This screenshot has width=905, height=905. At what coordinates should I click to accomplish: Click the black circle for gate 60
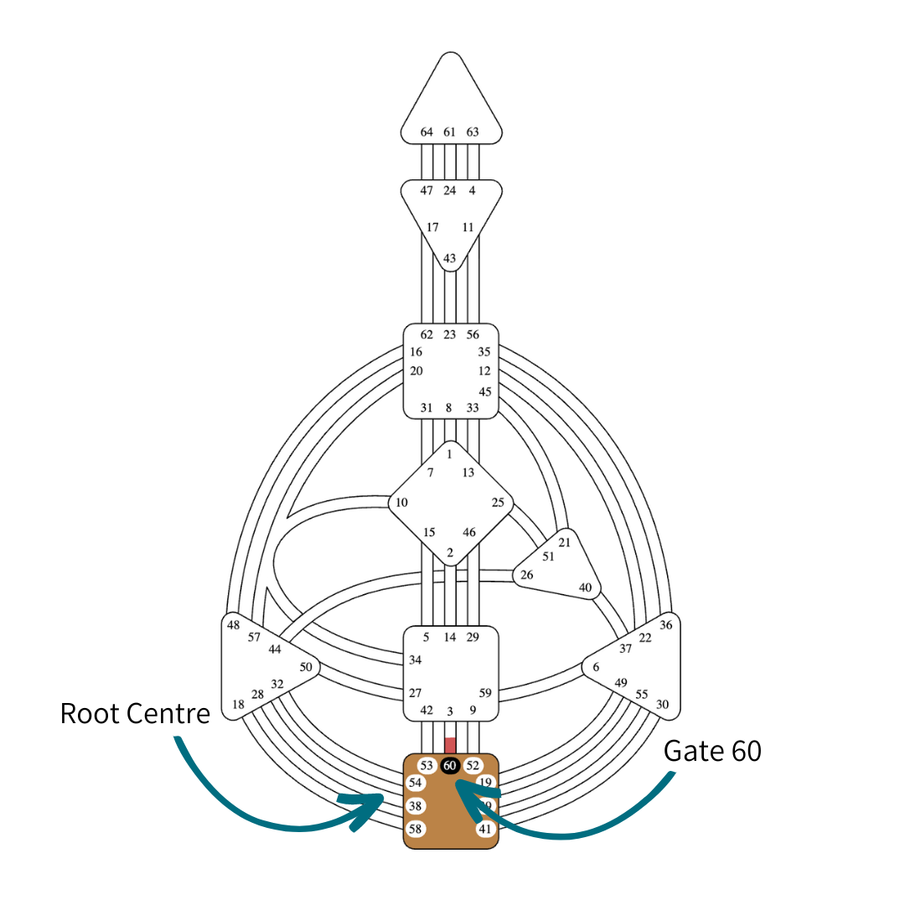click(x=450, y=765)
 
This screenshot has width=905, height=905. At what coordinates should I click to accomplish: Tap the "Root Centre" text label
click(x=135, y=713)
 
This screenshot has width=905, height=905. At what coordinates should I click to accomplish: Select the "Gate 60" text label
click(x=712, y=751)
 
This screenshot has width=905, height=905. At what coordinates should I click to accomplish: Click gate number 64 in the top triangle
click(x=427, y=132)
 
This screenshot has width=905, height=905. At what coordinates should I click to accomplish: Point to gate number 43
click(x=450, y=258)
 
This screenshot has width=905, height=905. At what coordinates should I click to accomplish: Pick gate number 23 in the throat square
click(x=450, y=334)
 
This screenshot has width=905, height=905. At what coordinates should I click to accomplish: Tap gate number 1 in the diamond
click(x=450, y=454)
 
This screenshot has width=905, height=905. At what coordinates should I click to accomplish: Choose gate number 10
click(x=402, y=503)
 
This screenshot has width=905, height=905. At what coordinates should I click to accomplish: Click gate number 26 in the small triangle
click(x=526, y=575)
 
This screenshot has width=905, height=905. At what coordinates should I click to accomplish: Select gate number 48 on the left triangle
click(x=233, y=625)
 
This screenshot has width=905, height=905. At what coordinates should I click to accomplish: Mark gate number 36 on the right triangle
click(x=666, y=625)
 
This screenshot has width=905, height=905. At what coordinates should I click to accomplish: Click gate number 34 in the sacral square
click(x=415, y=660)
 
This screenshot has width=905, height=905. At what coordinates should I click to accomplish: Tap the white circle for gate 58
click(x=415, y=829)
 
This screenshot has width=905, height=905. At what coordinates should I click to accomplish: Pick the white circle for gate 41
click(x=485, y=829)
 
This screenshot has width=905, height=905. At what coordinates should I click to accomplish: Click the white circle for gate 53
click(x=427, y=765)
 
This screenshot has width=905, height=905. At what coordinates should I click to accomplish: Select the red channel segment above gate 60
click(x=450, y=745)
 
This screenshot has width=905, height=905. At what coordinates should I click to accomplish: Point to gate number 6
click(x=596, y=667)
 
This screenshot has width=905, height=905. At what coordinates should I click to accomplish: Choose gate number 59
click(x=485, y=693)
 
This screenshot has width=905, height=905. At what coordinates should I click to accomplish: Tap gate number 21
click(x=564, y=542)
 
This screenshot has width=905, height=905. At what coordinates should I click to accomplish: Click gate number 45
click(x=484, y=391)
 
